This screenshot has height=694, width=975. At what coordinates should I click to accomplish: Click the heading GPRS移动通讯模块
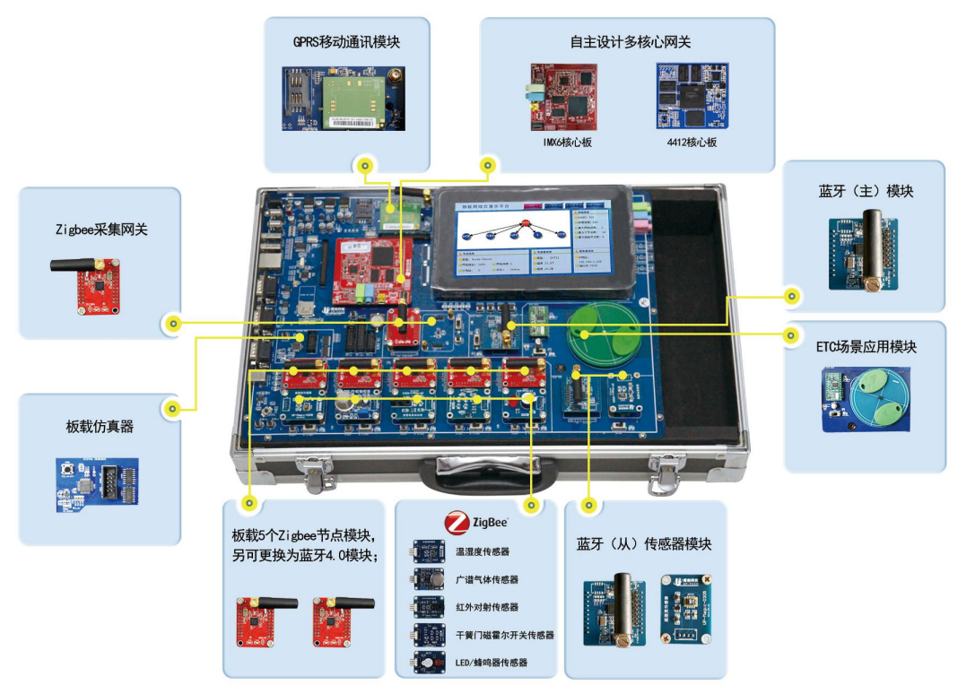point(346,42)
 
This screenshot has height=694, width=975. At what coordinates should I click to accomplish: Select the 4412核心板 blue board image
point(692,93)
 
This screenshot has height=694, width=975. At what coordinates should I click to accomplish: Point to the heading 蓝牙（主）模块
point(866,191)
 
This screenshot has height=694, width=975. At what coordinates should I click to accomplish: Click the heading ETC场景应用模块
point(866,346)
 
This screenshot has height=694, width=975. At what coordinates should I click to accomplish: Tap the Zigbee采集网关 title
point(100,230)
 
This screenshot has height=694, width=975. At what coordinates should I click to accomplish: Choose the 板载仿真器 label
point(100,427)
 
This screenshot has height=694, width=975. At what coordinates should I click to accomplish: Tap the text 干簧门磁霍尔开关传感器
point(504,635)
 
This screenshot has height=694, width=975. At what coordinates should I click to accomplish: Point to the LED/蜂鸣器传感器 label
point(491,663)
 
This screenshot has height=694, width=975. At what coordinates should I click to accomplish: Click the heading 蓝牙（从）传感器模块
point(644,544)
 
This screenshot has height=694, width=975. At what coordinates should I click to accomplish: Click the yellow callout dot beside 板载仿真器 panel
point(171,409)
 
